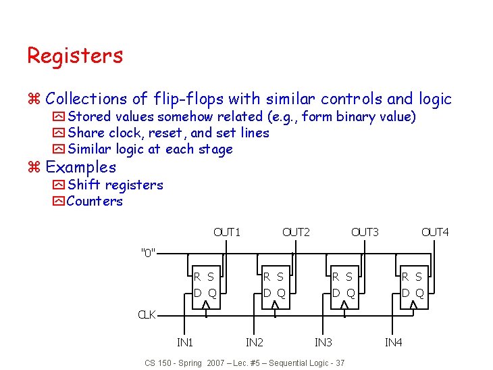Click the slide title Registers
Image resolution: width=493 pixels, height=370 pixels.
pyautogui.click(x=75, y=55)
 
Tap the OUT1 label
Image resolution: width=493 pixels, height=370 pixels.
pyautogui.click(x=227, y=232)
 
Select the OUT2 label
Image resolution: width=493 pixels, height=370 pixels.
pyautogui.click(x=296, y=232)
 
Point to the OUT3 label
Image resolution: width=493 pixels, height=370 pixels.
pyautogui.click(x=365, y=232)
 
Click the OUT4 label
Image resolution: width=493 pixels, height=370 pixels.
pyautogui.click(x=435, y=232)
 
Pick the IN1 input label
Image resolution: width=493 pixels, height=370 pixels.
pyautogui.click(x=184, y=343)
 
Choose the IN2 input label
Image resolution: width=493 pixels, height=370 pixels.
pyautogui.click(x=254, y=343)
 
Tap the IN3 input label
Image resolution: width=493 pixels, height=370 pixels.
pyautogui.click(x=323, y=343)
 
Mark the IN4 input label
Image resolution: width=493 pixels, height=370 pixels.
pyautogui.click(x=393, y=343)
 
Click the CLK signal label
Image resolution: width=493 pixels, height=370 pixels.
pyautogui.click(x=147, y=315)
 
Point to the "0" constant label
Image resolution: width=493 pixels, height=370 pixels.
pyautogui.click(x=148, y=254)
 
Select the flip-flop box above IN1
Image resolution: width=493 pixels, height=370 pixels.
pyautogui.click(x=205, y=286)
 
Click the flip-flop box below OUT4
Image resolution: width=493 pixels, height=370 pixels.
pyautogui.click(x=413, y=286)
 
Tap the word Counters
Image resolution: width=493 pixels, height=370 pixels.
pyautogui.click(x=95, y=201)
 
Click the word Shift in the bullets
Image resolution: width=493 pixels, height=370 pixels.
pyautogui.click(x=84, y=185)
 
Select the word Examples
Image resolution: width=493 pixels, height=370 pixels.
pyautogui.click(x=80, y=167)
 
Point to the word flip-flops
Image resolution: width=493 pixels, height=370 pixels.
pyautogui.click(x=187, y=99)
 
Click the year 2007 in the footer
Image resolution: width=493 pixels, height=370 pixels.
pyautogui.click(x=217, y=363)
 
